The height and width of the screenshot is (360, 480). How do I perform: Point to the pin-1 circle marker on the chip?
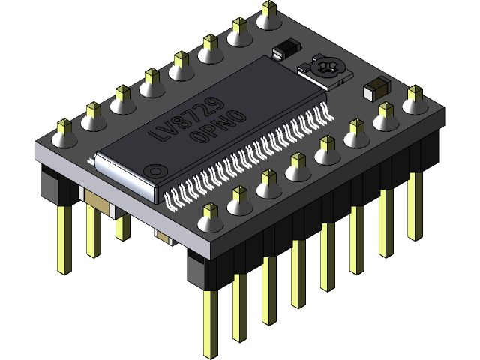[154, 170]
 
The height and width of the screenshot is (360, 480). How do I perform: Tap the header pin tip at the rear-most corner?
[268, 9]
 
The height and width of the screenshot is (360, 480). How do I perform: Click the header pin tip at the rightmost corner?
[414, 93]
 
